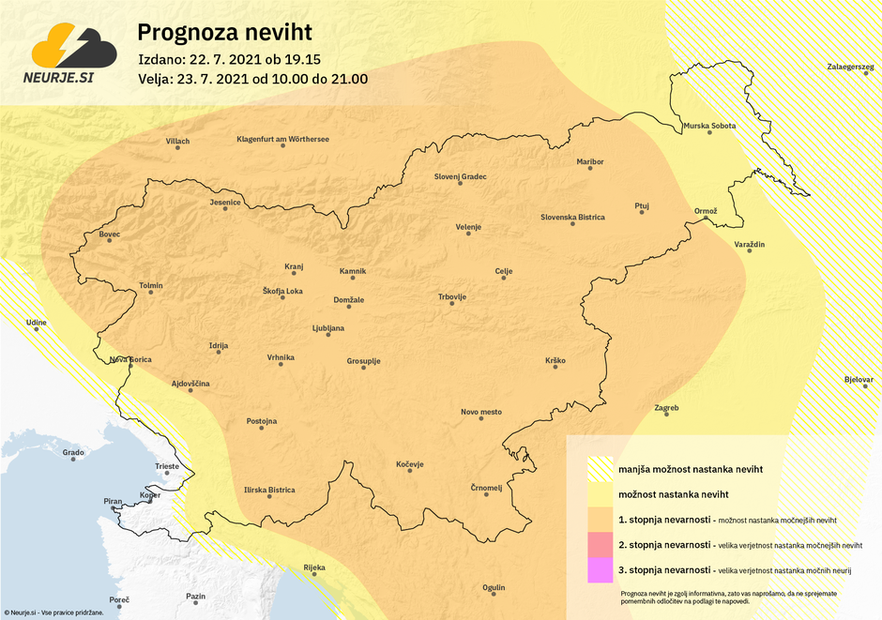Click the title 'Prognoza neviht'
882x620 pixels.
224,32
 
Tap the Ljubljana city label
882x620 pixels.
328,328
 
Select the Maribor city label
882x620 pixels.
590,162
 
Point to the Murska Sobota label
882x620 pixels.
709,126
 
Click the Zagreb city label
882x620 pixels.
666,408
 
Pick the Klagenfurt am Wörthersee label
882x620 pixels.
282,140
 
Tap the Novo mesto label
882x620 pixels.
481,412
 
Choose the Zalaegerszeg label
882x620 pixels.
850,68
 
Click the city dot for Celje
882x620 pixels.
504,280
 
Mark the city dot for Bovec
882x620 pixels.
110,241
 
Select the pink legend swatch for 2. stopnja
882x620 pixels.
600,543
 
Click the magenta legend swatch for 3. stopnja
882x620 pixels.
600,568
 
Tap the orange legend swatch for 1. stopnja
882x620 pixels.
600,519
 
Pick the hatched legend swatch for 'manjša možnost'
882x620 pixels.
600,468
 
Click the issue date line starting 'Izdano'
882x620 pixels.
229,58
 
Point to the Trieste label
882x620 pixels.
166,466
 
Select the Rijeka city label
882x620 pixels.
313,567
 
